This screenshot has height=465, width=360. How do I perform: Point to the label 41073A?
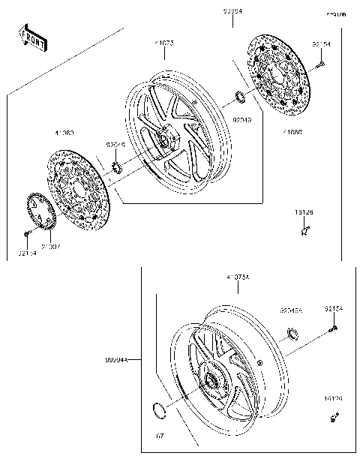[238, 278]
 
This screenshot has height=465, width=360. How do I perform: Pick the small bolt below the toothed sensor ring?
[27, 235]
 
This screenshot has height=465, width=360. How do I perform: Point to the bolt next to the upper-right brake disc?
[320, 64]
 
